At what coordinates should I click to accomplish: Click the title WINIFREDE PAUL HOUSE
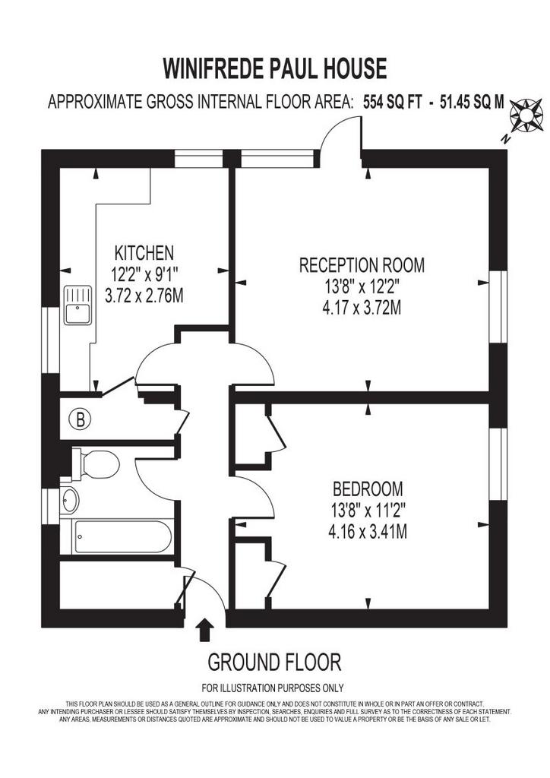[275, 68]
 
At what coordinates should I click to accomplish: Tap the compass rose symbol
[526, 115]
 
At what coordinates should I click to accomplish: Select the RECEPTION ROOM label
[362, 264]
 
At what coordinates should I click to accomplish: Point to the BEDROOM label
[368, 489]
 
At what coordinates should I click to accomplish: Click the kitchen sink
[77, 305]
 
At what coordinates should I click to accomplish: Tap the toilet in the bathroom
[96, 464]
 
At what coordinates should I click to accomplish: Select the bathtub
[122, 537]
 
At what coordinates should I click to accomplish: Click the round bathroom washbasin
[69, 500]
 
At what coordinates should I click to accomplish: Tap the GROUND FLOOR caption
[274, 663]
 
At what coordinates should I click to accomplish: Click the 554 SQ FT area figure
[392, 103]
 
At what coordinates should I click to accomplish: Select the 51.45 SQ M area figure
[472, 103]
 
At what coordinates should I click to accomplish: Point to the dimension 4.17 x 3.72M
[362, 308]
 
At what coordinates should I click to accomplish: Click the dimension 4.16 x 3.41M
[368, 532]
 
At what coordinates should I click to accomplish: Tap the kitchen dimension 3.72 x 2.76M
[144, 296]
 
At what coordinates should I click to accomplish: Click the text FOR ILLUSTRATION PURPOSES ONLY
[272, 688]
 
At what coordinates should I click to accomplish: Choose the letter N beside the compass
[505, 139]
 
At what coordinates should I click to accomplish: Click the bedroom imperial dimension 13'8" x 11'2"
[368, 510]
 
